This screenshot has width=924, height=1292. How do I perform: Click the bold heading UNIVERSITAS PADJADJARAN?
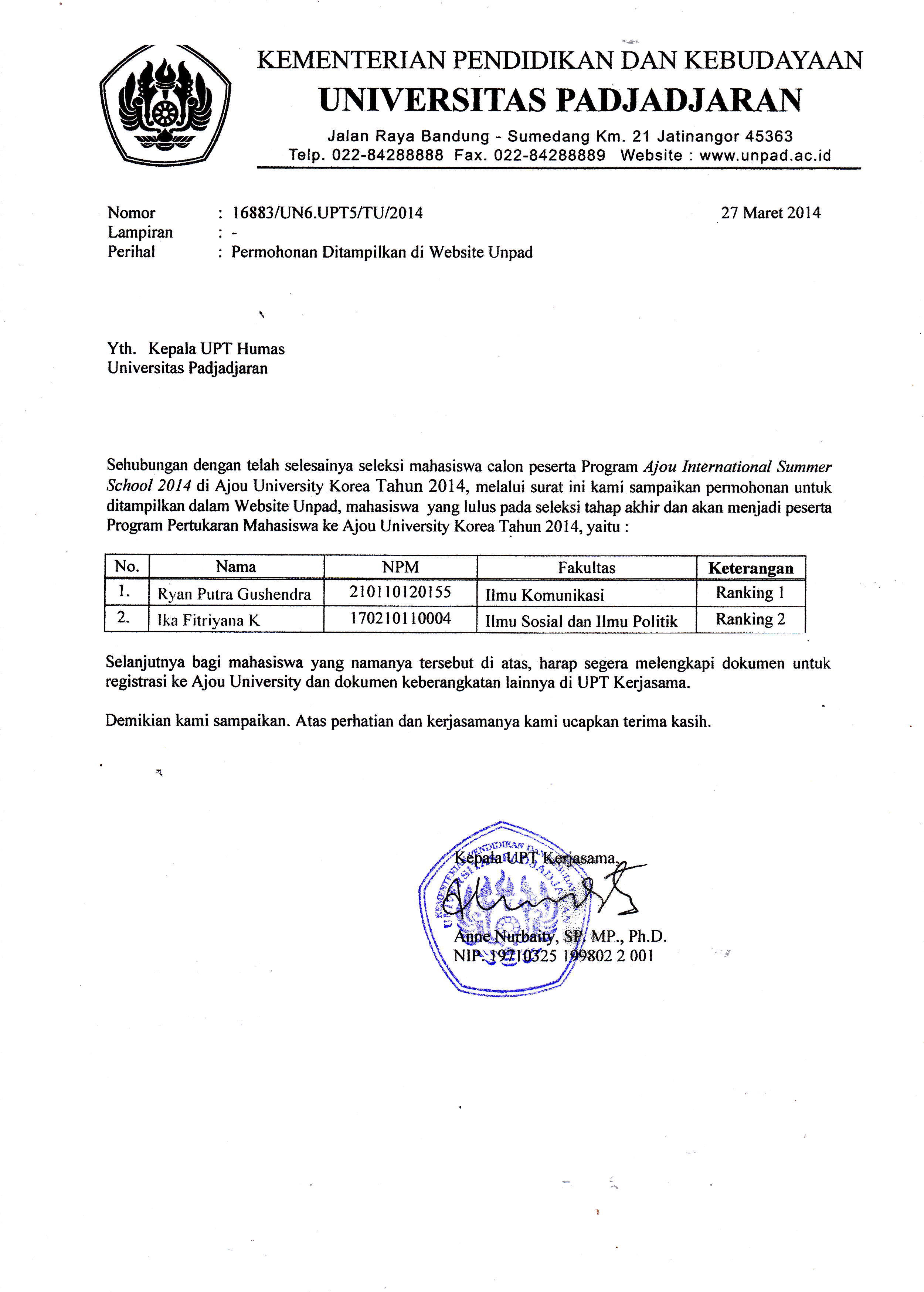click(x=560, y=101)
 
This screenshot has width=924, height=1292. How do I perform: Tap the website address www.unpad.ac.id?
click(x=765, y=155)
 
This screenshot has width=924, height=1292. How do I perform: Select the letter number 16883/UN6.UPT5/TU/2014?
click(x=327, y=213)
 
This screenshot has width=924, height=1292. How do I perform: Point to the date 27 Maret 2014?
click(x=770, y=213)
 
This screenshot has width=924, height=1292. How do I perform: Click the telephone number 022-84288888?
click(x=387, y=155)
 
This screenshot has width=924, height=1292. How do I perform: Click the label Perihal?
click(x=132, y=252)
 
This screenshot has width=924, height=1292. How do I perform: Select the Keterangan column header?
click(x=750, y=568)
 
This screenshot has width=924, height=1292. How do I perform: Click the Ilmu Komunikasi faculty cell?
click(x=544, y=595)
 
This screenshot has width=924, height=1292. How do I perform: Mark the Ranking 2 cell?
click(x=750, y=619)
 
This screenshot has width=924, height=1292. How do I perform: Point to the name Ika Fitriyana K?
click(x=209, y=620)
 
